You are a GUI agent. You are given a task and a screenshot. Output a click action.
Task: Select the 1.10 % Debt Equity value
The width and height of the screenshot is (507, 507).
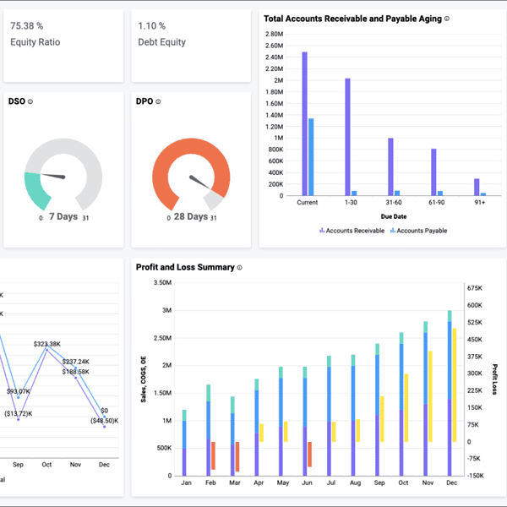point(152,25)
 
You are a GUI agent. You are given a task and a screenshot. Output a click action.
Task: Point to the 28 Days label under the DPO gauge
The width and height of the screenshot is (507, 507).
point(190,216)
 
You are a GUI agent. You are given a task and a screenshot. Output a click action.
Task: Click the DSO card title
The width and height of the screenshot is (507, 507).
point(16,101)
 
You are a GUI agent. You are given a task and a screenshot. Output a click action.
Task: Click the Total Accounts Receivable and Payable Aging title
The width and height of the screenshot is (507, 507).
point(352,18)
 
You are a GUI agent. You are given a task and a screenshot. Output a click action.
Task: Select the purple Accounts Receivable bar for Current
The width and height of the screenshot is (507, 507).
point(304,123)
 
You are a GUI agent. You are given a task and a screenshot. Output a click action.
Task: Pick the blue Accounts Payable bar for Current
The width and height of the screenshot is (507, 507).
point(311,156)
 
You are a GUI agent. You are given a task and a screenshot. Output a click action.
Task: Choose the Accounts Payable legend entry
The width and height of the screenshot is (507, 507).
point(418,230)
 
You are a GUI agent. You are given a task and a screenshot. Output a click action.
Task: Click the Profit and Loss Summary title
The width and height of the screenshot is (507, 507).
point(185,267)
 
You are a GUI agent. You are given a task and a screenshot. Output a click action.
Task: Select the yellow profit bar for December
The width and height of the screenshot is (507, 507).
point(455,384)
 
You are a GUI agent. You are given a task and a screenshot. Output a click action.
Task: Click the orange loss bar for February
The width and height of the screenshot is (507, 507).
point(214,455)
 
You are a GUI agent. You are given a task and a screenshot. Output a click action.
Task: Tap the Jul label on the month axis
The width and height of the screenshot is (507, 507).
point(330,482)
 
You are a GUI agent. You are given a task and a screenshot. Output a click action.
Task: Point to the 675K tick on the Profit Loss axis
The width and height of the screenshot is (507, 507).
point(475,286)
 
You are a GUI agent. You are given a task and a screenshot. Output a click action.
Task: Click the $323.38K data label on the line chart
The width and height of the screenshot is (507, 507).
point(47,344)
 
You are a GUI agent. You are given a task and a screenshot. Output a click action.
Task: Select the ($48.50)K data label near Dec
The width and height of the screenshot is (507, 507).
point(103,420)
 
